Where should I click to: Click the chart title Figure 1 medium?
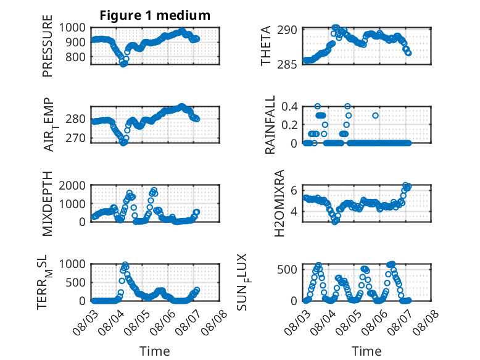155,15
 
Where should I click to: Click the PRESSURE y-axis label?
48,46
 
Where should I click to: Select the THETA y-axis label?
266,46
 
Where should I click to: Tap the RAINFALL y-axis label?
270,125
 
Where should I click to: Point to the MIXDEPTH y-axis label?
48,204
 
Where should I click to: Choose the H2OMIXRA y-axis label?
279,203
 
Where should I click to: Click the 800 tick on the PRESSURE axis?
75,57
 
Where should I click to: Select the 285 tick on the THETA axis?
287,65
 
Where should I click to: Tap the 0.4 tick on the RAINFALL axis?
289,107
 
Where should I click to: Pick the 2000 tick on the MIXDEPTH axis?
72,185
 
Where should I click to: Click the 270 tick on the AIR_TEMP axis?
75,138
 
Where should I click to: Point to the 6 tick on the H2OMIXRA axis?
294,191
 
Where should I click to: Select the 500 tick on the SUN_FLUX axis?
287,270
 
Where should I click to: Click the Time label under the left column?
155,351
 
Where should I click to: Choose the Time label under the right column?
366,351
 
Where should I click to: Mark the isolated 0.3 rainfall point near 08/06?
376,115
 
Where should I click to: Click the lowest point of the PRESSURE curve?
123,64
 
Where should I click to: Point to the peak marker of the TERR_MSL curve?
125,264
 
